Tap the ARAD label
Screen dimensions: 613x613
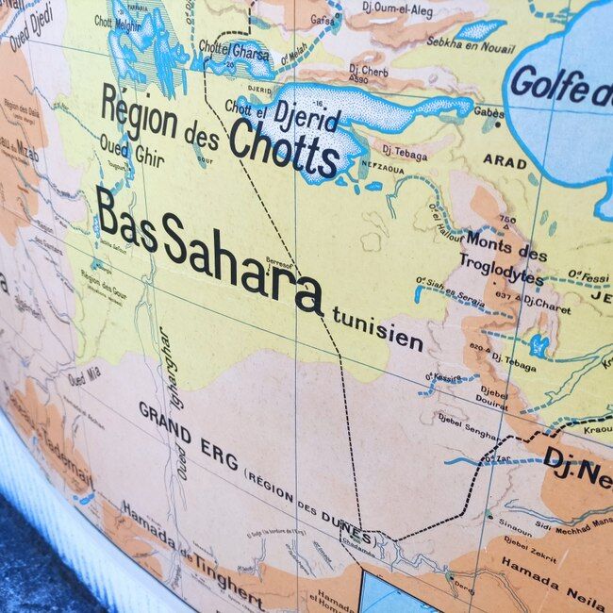coord(505,161)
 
